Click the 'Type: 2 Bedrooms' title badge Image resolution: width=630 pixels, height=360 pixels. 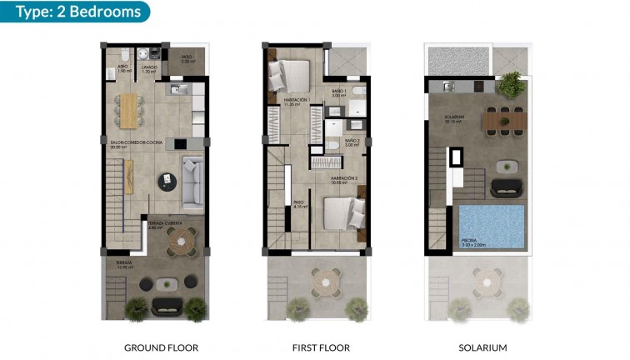(x=75, y=11)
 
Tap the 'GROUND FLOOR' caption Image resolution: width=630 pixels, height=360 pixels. (x=160, y=347)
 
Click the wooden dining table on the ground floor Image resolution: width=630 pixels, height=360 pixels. (x=130, y=110)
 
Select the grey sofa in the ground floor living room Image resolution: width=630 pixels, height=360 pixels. (x=192, y=182)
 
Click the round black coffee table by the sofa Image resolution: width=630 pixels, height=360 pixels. (x=169, y=178)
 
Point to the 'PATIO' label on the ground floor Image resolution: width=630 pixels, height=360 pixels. (x=187, y=58)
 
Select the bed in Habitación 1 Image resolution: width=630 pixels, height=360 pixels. (x=290, y=77)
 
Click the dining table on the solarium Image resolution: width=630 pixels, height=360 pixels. (x=504, y=122)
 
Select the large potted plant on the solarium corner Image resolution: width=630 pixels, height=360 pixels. (x=510, y=84)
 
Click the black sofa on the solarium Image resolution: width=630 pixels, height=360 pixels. (x=506, y=187)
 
